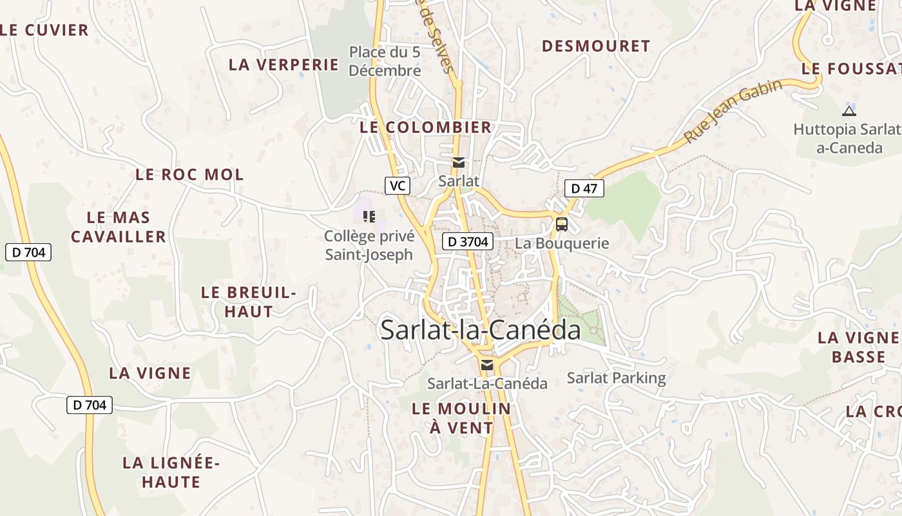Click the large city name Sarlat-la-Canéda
(480, 330)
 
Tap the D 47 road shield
(584, 188)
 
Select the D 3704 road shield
(468, 242)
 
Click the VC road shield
(398, 186)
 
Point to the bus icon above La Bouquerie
(562, 224)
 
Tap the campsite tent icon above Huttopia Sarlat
(849, 110)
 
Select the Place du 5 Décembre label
(385, 61)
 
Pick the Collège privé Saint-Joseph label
(369, 245)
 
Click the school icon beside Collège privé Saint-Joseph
(369, 216)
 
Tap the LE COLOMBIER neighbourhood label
(426, 127)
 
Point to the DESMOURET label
(596, 46)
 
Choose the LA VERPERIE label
(283, 64)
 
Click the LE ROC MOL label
(189, 174)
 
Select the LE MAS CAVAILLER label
(119, 227)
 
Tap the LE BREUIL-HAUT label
(248, 301)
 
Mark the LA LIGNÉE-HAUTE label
(171, 472)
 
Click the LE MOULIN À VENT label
(461, 417)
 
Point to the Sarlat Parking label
(616, 378)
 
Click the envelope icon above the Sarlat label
(459, 163)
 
